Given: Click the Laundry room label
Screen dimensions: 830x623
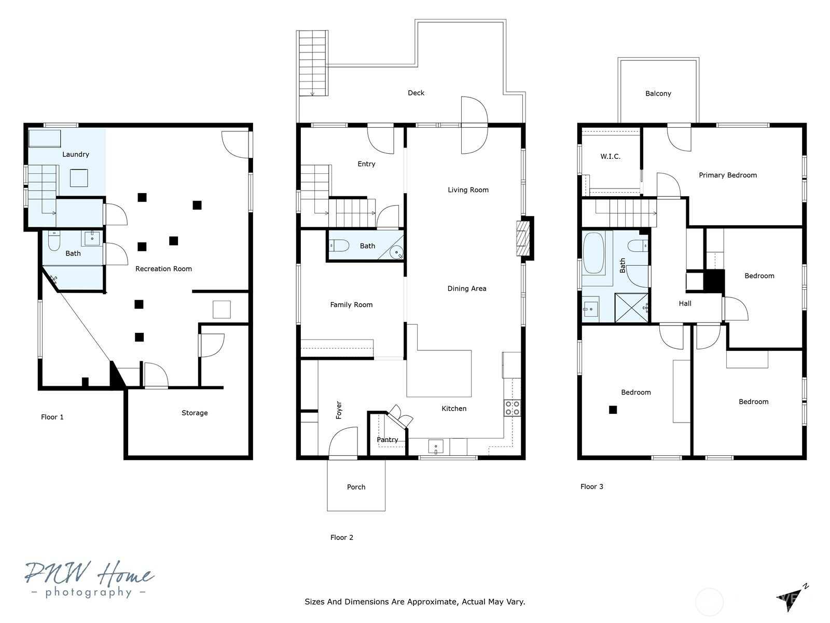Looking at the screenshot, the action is pyautogui.click(x=76, y=154).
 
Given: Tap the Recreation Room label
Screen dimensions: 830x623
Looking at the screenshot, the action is pyautogui.click(x=163, y=269).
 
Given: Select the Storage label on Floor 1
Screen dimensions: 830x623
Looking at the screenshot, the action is pyautogui.click(x=195, y=413).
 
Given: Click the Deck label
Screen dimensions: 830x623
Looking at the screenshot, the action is pyautogui.click(x=416, y=93).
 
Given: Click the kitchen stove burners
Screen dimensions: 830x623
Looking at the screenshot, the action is pyautogui.click(x=512, y=408).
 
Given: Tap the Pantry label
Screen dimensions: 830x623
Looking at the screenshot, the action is pyautogui.click(x=387, y=440).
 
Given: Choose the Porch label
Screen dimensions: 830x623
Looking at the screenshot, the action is pyautogui.click(x=356, y=487).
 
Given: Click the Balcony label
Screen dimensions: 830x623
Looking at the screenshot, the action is pyautogui.click(x=658, y=94).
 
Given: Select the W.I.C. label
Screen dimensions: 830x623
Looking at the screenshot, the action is pyautogui.click(x=610, y=157).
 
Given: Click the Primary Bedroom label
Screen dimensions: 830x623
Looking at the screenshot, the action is pyautogui.click(x=727, y=175).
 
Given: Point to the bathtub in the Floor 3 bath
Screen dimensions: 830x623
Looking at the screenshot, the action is pyautogui.click(x=593, y=253).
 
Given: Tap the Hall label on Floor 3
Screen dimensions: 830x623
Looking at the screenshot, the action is pyautogui.click(x=685, y=303).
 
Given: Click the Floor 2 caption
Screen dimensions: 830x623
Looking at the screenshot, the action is pyautogui.click(x=341, y=537).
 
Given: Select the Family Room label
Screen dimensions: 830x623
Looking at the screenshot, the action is pyautogui.click(x=351, y=305).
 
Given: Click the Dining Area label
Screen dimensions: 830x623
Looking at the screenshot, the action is pyautogui.click(x=466, y=289).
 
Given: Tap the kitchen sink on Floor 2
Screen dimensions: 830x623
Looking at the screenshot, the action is pyautogui.click(x=436, y=446).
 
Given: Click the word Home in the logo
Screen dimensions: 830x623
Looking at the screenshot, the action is pyautogui.click(x=126, y=574).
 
